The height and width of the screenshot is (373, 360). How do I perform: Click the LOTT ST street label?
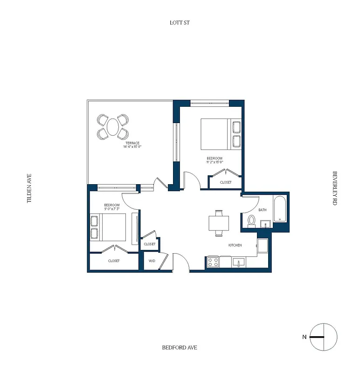[x=180, y=22]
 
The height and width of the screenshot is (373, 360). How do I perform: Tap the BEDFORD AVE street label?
[x=180, y=347]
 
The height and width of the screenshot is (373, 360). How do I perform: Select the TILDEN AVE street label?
[x=29, y=188]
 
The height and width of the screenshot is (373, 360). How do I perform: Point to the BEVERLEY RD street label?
[x=334, y=188]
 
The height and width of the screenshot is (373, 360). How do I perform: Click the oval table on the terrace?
[x=113, y=127]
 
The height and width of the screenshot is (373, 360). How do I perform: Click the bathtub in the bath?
[x=280, y=210]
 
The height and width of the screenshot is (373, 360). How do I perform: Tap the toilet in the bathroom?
[x=251, y=220]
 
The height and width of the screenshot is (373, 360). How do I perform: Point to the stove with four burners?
[x=213, y=262]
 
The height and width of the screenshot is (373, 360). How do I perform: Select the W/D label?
[x=152, y=261]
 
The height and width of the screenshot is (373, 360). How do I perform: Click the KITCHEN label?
[x=235, y=245]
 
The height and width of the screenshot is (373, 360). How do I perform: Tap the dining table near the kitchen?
[x=219, y=222]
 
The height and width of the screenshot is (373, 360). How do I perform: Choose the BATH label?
[x=263, y=210]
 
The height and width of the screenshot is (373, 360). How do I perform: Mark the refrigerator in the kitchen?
[x=263, y=246]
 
